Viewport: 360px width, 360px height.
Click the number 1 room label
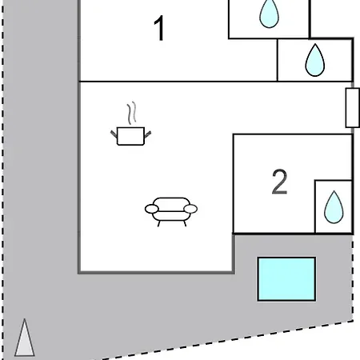[x=159, y=28]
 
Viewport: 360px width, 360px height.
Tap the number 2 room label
[x=279, y=182]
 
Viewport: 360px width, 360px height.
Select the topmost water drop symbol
[x=270, y=14]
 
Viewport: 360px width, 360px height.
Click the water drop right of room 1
[x=315, y=60]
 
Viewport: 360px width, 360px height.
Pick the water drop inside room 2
[x=334, y=207]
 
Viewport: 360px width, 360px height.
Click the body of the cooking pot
[x=130, y=136]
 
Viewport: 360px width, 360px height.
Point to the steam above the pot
[x=132, y=113]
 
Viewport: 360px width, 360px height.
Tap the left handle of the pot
[x=114, y=134]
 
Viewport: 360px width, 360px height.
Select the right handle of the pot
[x=148, y=134]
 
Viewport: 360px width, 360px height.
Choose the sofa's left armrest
[x=152, y=209]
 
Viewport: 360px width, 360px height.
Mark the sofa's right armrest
[x=190, y=209]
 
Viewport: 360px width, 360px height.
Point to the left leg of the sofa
[x=158, y=223]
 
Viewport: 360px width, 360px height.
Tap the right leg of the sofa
[x=184, y=223]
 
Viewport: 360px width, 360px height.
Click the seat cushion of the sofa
[x=171, y=216]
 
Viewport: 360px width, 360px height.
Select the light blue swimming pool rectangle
[x=286, y=279]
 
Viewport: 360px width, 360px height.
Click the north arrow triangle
[x=25, y=338]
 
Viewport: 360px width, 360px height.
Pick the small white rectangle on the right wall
[x=352, y=108]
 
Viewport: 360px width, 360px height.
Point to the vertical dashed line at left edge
[x=3, y=180]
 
